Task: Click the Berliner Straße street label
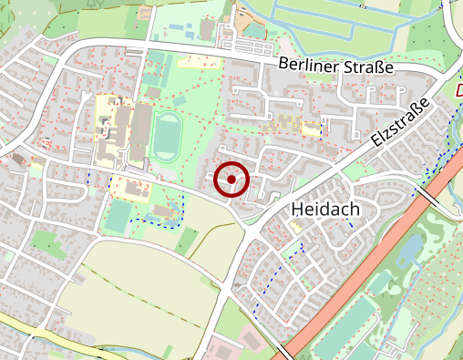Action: tap(336, 67)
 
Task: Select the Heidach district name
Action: tap(325, 210)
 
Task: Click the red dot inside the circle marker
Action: tap(232, 180)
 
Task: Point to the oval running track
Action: tap(166, 137)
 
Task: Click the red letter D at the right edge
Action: tap(458, 91)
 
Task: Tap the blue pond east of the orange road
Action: tap(412, 248)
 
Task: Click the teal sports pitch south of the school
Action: tap(118, 216)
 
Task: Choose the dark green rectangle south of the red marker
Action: tap(187, 241)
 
